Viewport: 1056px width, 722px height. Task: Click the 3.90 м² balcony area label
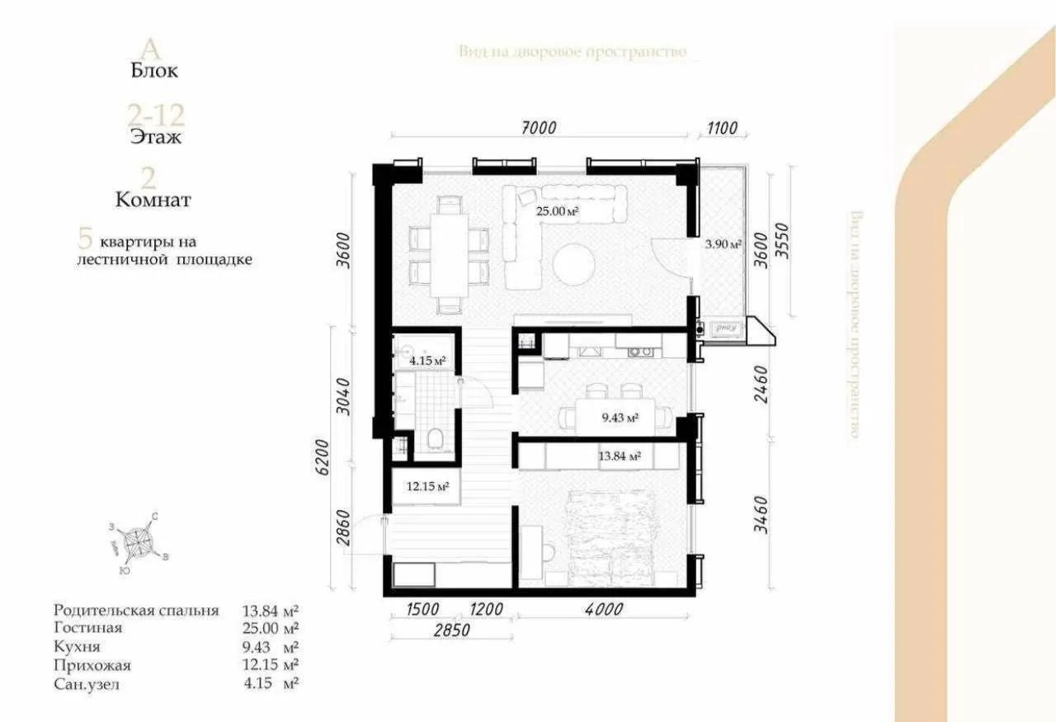pos(724,244)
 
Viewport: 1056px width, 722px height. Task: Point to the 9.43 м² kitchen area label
pos(620,418)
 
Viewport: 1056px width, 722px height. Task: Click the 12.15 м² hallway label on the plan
pos(427,487)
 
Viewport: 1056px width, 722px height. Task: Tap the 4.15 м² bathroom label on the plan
pos(427,361)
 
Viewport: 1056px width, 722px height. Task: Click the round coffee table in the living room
pos(573,267)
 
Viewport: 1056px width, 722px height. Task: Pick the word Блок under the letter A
pos(154,71)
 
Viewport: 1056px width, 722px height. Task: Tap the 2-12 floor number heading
pos(155,113)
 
